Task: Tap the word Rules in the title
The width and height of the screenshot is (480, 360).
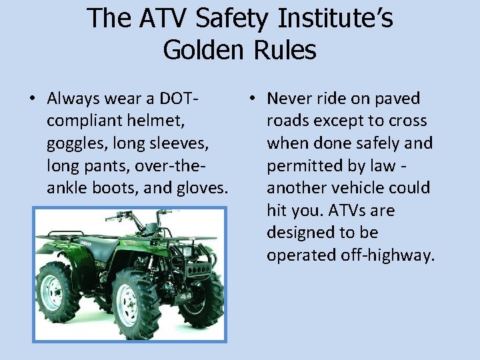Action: click(x=288, y=50)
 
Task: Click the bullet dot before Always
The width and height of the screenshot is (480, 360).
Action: click(x=32, y=99)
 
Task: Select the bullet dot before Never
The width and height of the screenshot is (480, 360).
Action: click(x=251, y=99)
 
